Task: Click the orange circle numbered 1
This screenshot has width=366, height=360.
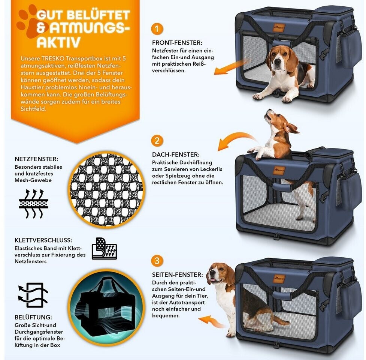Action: (x=157, y=29)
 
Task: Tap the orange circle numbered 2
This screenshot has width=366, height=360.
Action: (x=157, y=141)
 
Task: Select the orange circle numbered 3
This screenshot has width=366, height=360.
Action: (x=157, y=261)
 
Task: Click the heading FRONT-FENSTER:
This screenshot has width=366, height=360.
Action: (x=177, y=43)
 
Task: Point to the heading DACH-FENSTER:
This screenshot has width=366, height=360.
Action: (x=176, y=154)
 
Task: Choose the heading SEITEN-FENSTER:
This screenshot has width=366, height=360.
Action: (x=178, y=275)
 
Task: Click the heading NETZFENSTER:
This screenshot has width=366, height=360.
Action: (x=36, y=159)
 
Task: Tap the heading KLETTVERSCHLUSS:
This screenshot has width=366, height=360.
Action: (x=43, y=240)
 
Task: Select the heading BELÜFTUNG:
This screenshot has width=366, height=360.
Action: (x=33, y=317)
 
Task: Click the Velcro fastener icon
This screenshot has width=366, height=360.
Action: (x=105, y=249)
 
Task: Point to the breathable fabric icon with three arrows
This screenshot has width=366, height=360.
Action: (x=34, y=204)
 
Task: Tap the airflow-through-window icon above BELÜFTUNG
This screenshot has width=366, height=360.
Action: (x=33, y=295)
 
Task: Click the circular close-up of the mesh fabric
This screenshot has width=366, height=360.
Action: (x=107, y=189)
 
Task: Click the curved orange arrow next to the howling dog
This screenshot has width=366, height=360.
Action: (x=236, y=139)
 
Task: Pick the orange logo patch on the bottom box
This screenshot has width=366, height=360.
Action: (x=279, y=278)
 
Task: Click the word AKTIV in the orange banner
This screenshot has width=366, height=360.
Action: (x=58, y=42)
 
